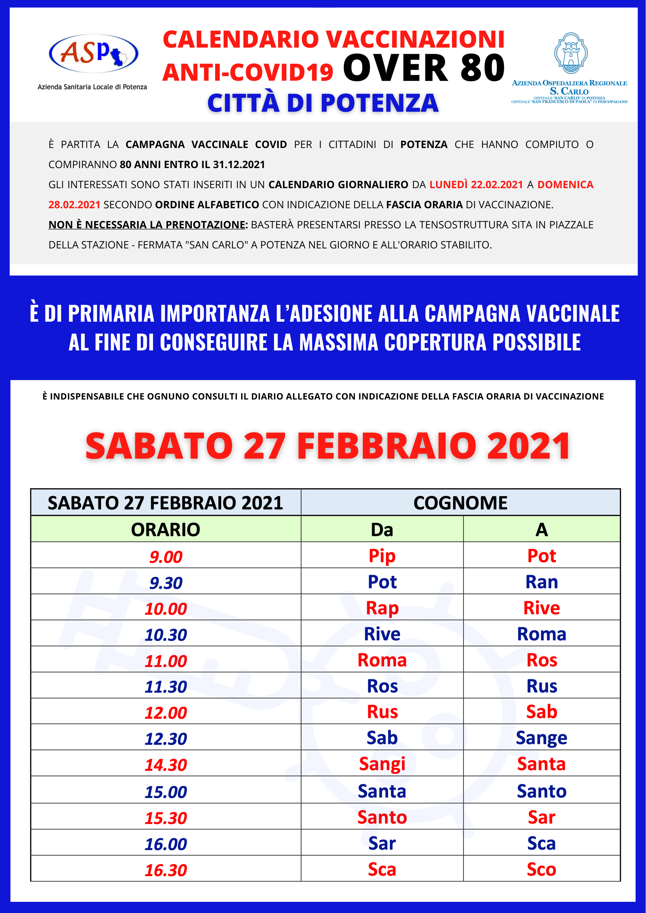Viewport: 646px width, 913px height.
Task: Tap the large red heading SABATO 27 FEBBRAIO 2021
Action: click(327, 446)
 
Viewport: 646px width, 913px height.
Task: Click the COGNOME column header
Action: click(460, 503)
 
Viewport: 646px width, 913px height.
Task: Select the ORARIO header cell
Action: click(166, 529)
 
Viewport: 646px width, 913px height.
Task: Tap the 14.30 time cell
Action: click(166, 765)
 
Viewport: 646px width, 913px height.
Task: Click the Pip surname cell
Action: click(382, 556)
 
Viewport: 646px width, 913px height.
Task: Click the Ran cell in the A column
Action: click(541, 582)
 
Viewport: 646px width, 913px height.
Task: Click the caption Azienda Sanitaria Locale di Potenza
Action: click(92, 87)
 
